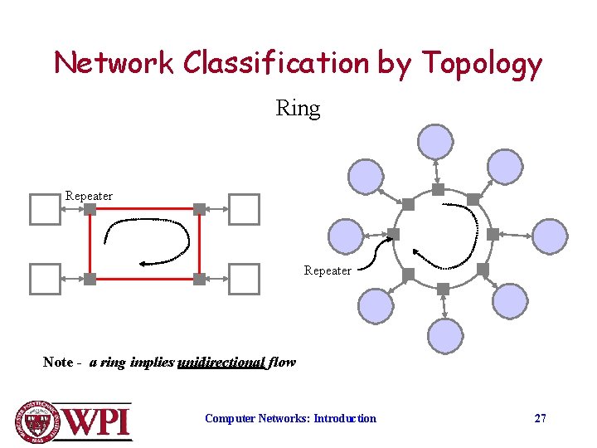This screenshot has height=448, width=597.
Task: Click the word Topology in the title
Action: tap(482, 64)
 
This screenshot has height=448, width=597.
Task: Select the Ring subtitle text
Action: tap(298, 108)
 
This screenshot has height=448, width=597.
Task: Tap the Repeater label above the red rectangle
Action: tap(89, 196)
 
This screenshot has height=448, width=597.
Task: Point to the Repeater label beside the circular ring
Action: tap(327, 270)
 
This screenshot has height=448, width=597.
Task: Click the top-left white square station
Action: tap(45, 209)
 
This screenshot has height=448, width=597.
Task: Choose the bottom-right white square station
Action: tap(244, 280)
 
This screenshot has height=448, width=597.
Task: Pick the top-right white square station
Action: tap(244, 209)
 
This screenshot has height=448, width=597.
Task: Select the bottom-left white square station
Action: tap(45, 280)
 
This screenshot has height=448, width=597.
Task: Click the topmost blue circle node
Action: tap(435, 141)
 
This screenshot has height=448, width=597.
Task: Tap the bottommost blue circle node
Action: tap(445, 337)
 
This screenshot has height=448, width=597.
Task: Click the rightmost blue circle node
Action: tap(548, 236)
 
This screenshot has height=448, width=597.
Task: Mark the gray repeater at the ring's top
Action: tap(438, 189)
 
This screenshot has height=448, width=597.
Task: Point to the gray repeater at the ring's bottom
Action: tap(443, 289)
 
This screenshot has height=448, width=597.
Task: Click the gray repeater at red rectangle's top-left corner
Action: tap(90, 209)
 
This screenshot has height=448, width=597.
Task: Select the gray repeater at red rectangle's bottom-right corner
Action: tap(199, 280)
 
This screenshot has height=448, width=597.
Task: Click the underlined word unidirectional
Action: tap(221, 363)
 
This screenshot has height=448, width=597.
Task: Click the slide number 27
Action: tap(540, 418)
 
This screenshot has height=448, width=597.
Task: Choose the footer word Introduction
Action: tap(345, 418)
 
